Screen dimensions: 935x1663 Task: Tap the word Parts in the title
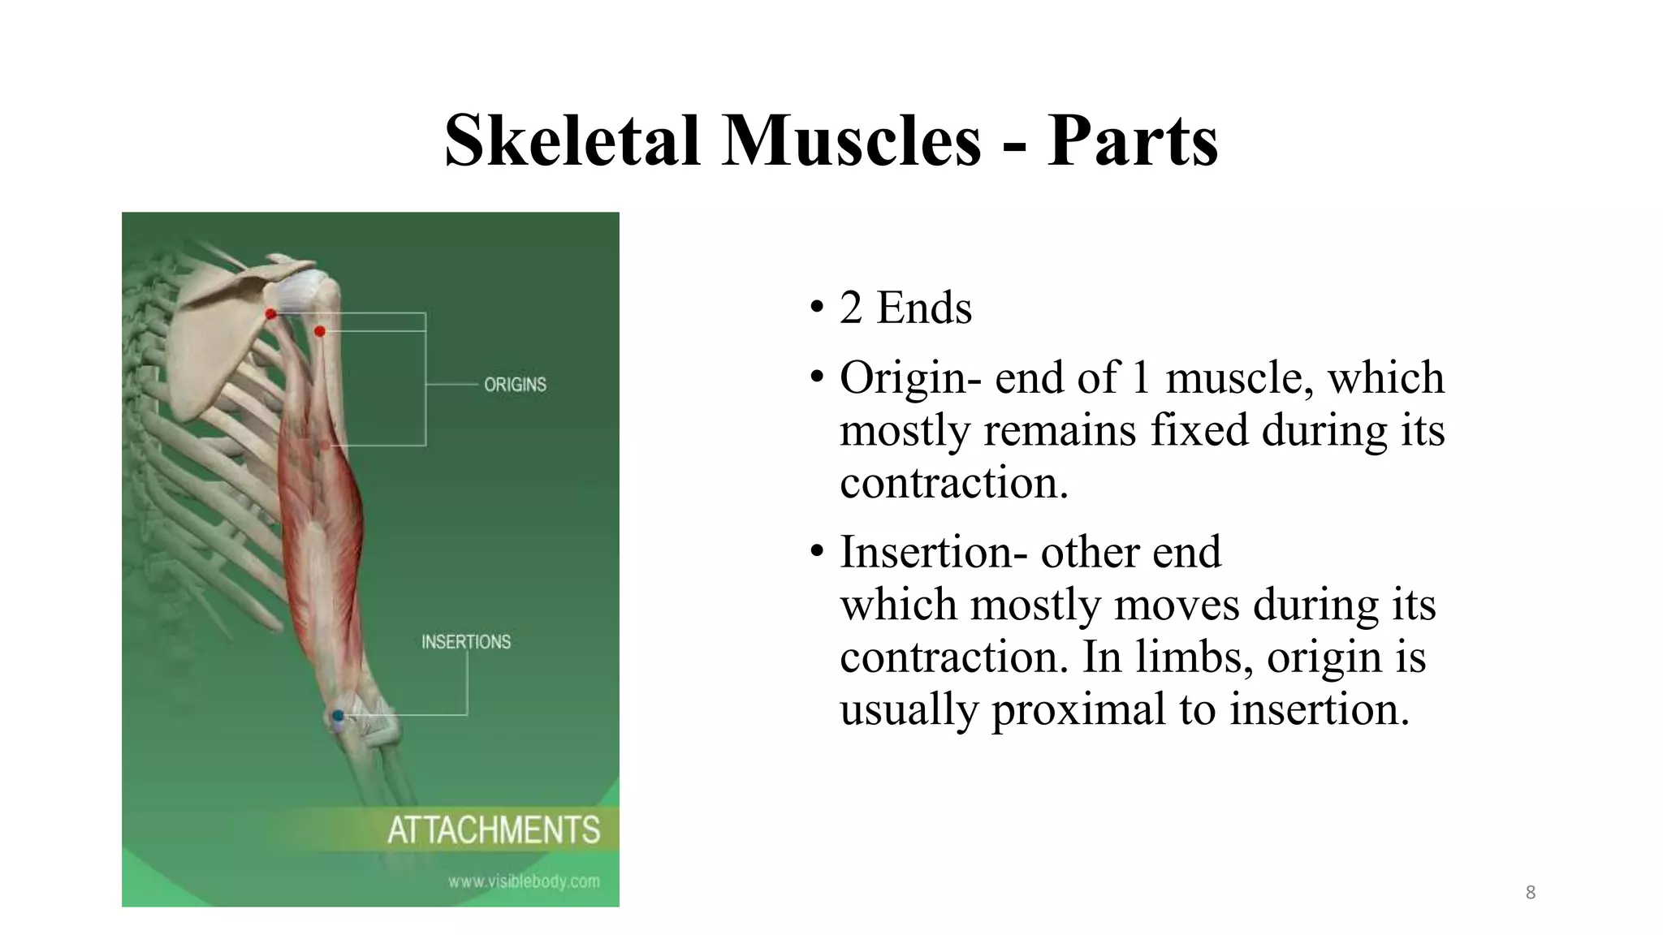pyautogui.click(x=1132, y=140)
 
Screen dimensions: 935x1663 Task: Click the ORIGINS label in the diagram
pyautogui.click(x=515, y=385)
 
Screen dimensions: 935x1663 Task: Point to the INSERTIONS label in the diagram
pyautogui.click(x=466, y=642)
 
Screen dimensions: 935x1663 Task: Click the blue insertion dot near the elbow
pyautogui.click(x=338, y=715)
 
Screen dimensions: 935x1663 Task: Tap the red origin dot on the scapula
pyautogui.click(x=271, y=314)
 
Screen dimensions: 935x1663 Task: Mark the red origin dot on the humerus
pyautogui.click(x=320, y=331)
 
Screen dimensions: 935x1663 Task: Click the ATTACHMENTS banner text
pyautogui.click(x=494, y=830)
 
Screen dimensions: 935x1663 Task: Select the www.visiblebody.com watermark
pyautogui.click(x=524, y=881)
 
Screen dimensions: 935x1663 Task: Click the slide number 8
pyautogui.click(x=1531, y=893)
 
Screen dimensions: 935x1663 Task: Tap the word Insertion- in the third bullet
pyautogui.click(x=927, y=552)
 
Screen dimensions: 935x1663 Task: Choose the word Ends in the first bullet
pyautogui.click(x=924, y=308)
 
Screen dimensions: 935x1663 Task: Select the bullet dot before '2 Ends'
pyautogui.click(x=817, y=308)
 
